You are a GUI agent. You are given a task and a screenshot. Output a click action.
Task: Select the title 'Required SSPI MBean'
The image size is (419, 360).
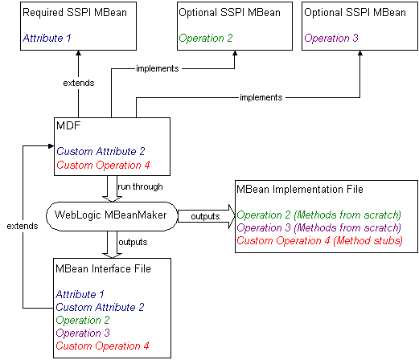click(x=71, y=14)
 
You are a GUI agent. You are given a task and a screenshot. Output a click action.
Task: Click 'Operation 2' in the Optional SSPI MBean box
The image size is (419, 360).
click(x=207, y=38)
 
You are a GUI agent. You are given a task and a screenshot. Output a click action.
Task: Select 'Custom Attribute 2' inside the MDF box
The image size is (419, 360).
click(x=101, y=151)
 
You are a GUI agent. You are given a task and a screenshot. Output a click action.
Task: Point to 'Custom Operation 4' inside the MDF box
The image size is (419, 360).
click(x=103, y=166)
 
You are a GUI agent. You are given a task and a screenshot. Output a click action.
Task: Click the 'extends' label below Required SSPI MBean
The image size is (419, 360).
click(x=79, y=83)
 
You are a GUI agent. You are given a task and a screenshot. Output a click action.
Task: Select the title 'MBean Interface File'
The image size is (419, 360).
click(x=102, y=268)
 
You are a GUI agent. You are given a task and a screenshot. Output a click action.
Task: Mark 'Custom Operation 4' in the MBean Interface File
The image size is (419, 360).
click(x=103, y=346)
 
